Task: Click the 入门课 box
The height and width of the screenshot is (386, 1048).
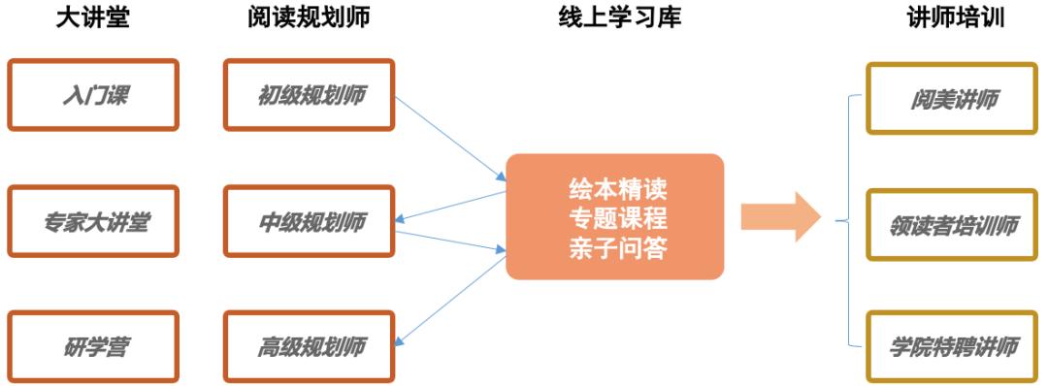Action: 94,95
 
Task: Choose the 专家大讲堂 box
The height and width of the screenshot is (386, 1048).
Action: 94,221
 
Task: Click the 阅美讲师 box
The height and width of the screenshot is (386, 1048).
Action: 955,98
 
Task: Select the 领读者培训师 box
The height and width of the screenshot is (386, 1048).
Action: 955,224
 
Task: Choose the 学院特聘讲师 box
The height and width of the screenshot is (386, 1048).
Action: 955,346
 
